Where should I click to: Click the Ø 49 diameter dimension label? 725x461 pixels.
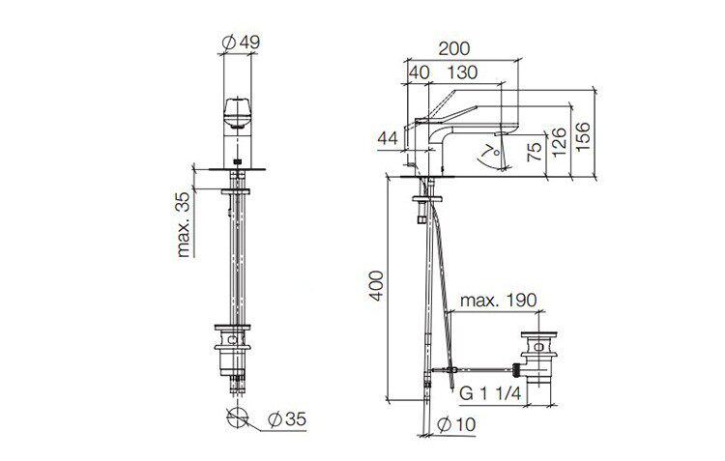[241, 43]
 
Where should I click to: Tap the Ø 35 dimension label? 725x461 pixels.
[287, 419]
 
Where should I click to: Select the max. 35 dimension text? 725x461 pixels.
[184, 225]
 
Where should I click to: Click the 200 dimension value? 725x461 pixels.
[454, 48]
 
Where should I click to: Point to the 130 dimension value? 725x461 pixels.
[462, 72]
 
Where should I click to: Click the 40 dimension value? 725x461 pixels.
[420, 72]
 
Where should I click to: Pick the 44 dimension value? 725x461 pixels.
[388, 138]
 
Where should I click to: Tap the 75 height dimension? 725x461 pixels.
[534, 152]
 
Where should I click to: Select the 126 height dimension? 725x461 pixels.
[559, 142]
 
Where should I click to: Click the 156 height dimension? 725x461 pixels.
[583, 136]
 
